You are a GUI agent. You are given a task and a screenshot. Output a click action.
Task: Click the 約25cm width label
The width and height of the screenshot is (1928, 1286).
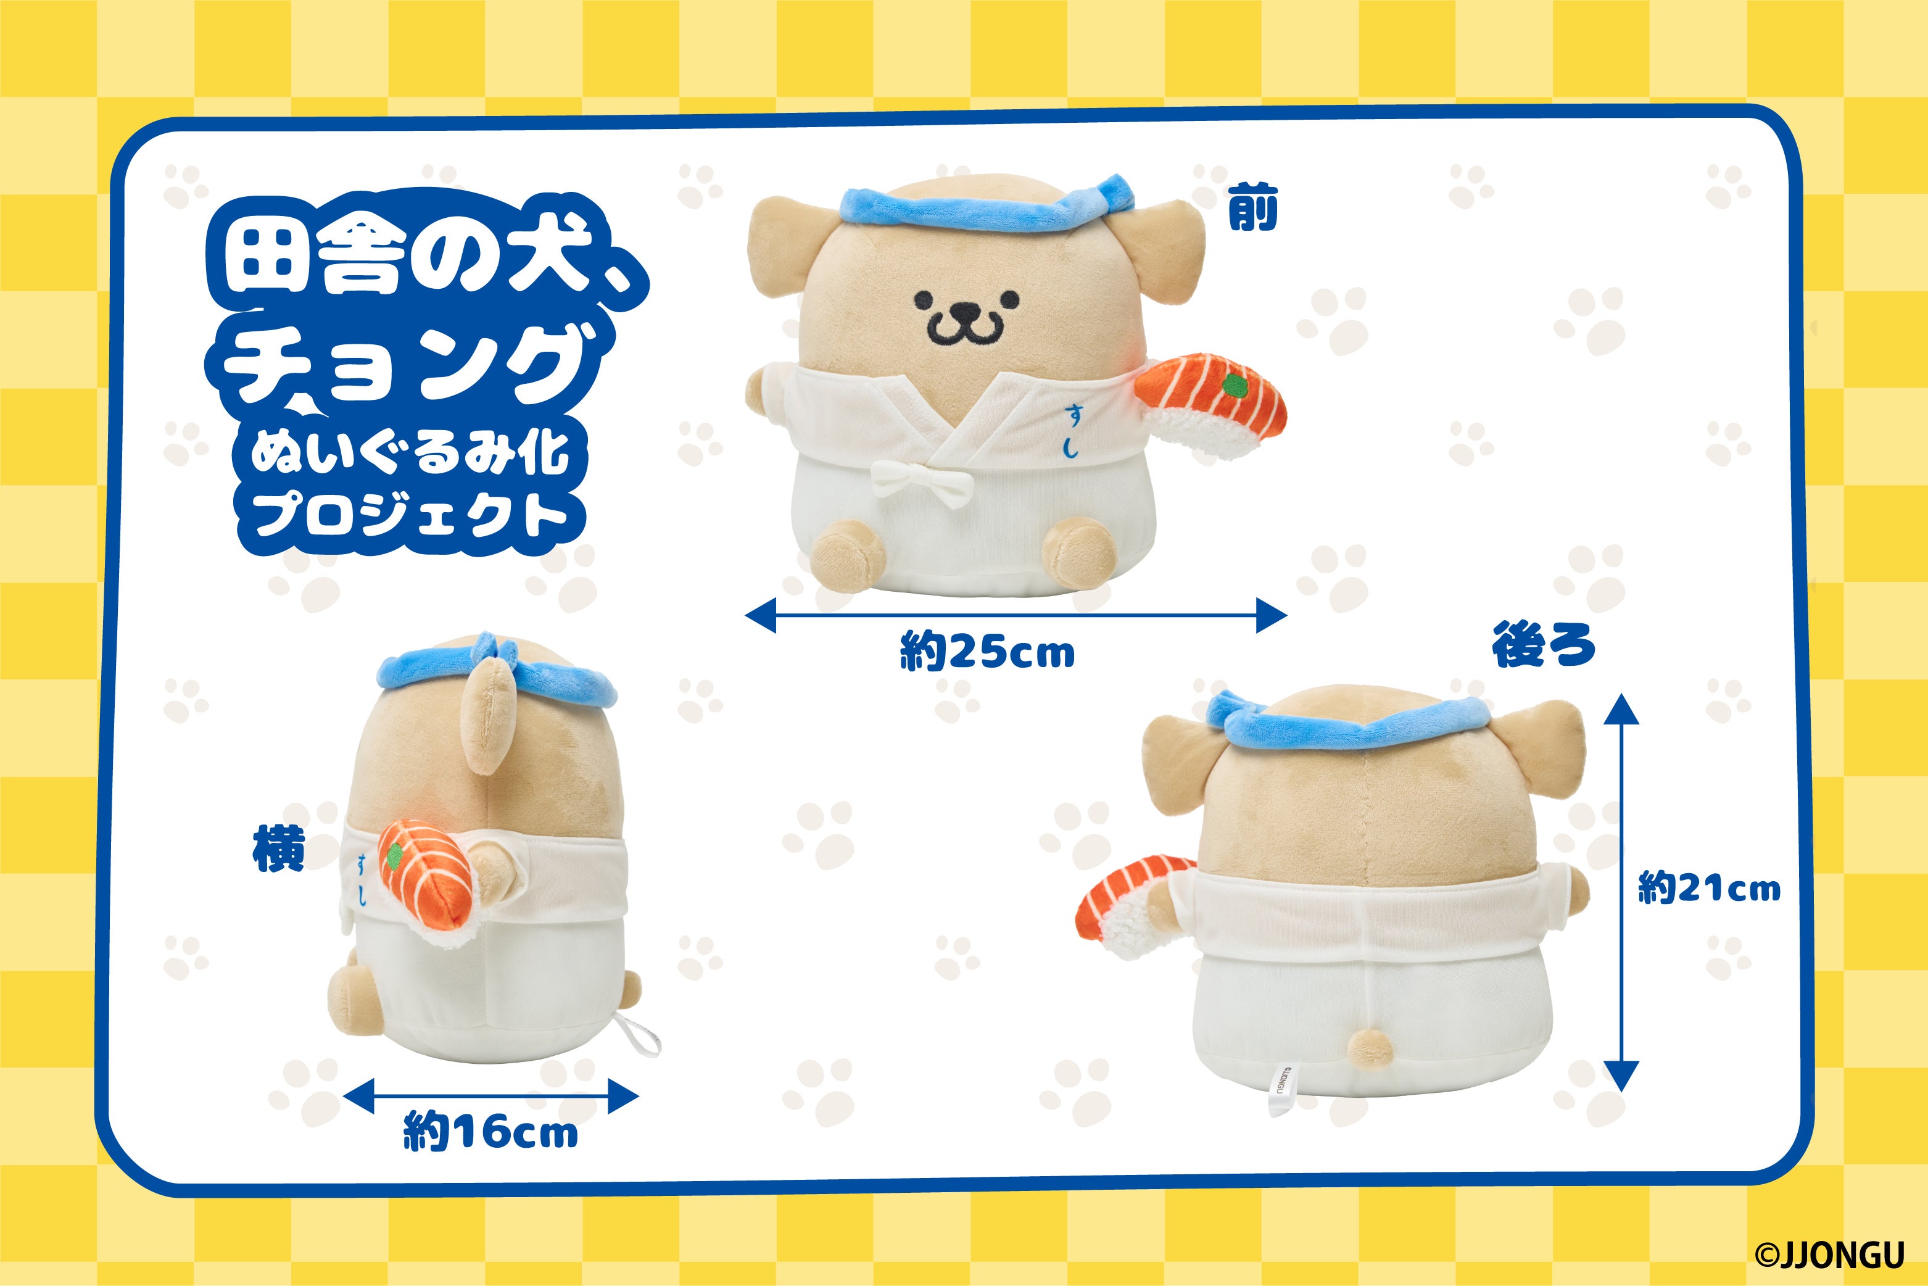point(987,653)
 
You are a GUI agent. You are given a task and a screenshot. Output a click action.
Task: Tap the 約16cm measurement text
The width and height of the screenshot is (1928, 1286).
point(490,1132)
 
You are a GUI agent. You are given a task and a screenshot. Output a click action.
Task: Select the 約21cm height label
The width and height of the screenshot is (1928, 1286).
point(1709,888)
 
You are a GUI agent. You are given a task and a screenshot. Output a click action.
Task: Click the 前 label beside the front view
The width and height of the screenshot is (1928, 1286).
point(1252,209)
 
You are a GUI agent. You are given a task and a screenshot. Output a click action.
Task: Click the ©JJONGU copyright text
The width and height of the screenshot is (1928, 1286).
point(1829,1254)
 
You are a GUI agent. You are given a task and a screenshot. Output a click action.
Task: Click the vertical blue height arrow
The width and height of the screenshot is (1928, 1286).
point(1621,892)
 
